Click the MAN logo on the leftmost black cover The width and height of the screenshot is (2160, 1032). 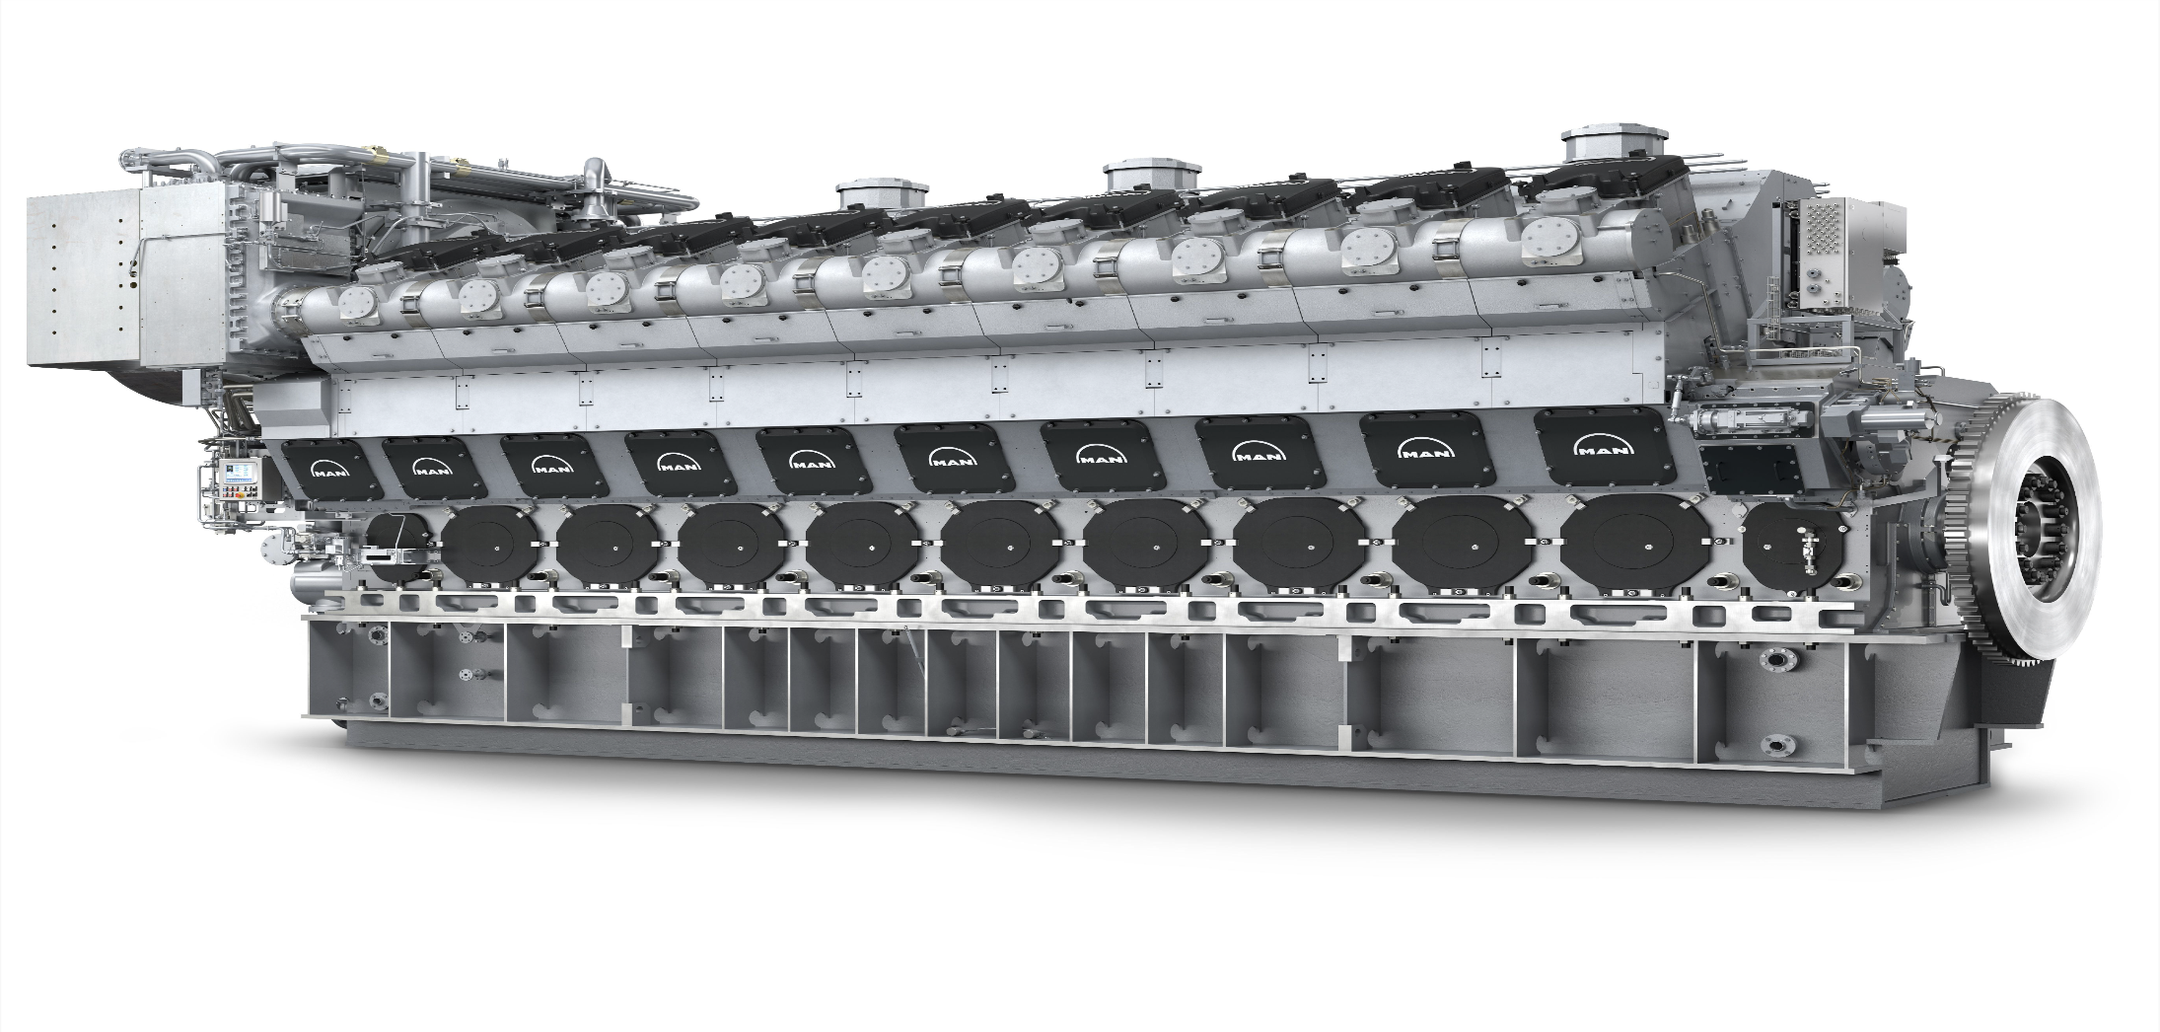331,467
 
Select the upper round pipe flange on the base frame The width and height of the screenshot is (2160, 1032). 1778,657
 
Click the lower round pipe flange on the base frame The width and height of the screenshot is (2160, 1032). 1777,744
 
